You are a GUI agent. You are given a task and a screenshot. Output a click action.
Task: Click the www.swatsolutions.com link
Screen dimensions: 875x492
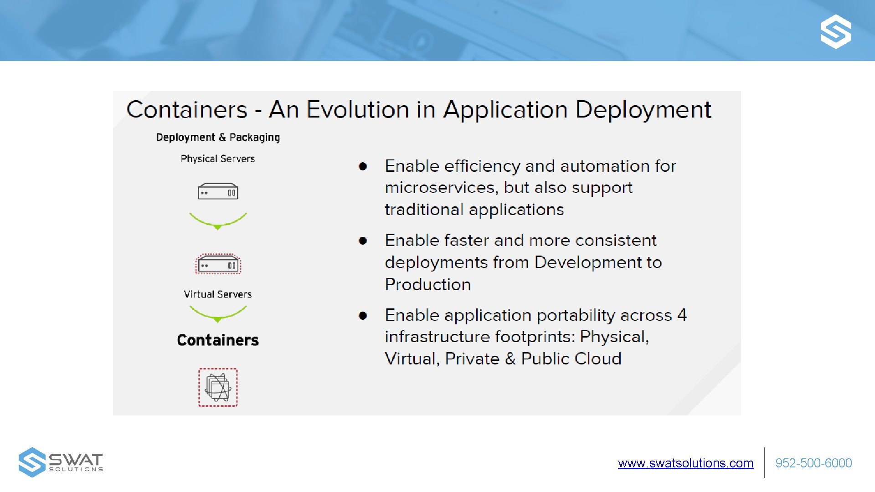click(x=685, y=463)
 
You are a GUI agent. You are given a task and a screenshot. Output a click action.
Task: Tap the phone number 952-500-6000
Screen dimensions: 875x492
click(x=813, y=463)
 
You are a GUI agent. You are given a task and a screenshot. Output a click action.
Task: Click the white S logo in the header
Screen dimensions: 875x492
click(x=835, y=31)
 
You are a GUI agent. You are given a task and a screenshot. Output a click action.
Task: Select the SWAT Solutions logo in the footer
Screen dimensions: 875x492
click(x=61, y=462)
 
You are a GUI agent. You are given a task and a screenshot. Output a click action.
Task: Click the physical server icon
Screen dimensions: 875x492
click(x=218, y=192)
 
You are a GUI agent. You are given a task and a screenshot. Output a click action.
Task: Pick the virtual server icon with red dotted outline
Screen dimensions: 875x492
click(x=218, y=264)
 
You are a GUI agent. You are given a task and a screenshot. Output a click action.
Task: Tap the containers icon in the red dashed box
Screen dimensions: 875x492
click(x=218, y=387)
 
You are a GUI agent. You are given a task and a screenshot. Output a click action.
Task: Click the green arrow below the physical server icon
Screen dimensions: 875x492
click(x=218, y=221)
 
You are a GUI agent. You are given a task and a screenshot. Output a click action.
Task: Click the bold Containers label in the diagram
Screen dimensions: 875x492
click(x=218, y=340)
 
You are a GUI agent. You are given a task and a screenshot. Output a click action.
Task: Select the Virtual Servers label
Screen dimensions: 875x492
click(x=218, y=294)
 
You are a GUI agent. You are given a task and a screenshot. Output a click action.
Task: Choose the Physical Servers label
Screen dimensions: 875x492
click(x=218, y=159)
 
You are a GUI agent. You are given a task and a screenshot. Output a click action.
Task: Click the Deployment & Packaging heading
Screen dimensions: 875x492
click(x=218, y=137)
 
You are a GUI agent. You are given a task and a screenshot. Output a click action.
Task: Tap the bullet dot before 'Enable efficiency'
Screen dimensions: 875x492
click(x=363, y=166)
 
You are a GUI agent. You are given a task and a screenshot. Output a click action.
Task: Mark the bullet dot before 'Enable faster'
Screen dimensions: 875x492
click(x=363, y=241)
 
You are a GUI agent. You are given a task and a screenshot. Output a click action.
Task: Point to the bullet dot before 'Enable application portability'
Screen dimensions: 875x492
click(x=363, y=315)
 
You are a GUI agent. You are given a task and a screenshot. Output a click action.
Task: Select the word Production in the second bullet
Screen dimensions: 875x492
click(x=427, y=284)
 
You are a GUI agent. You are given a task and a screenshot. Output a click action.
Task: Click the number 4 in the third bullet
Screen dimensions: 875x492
click(x=682, y=315)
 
